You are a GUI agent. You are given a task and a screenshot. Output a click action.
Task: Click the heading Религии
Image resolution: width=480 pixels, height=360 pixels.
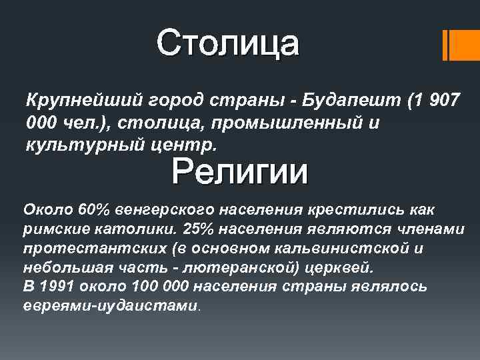[240, 173]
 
